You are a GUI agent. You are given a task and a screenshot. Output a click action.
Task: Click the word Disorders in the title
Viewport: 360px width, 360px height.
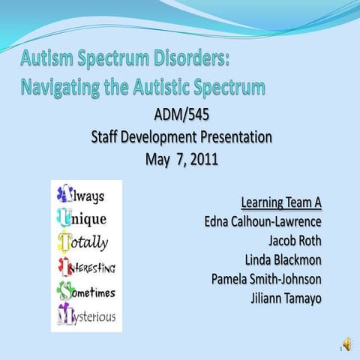191,58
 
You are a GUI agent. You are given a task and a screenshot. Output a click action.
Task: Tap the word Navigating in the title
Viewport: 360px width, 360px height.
61,88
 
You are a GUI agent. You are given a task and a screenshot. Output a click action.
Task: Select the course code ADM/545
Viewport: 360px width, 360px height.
181,115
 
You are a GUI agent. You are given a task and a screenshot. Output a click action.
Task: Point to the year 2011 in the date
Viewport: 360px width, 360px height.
204,159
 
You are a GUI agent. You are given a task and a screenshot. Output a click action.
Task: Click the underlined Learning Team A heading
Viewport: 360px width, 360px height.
281,202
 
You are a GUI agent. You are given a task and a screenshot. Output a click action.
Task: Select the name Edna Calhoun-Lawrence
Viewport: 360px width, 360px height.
263,221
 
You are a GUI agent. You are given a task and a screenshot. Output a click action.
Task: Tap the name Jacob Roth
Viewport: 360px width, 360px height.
295,241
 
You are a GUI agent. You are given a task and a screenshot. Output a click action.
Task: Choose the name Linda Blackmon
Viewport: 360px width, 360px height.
283,259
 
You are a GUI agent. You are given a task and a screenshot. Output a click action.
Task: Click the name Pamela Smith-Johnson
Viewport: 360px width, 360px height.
266,279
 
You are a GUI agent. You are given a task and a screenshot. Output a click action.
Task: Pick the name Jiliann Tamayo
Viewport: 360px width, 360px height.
286,298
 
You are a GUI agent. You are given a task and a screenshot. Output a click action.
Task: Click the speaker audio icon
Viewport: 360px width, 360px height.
347,344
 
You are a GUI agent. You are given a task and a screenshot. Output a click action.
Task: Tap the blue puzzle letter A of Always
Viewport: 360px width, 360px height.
65,193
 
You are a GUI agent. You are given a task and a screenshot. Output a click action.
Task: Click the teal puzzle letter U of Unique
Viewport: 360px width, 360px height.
64,217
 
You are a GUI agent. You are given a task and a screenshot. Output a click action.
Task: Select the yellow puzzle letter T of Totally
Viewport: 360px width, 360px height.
64,241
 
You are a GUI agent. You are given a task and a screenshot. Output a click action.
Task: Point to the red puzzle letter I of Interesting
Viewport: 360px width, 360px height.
65,266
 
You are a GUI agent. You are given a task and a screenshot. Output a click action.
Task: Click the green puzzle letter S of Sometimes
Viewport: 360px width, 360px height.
66,290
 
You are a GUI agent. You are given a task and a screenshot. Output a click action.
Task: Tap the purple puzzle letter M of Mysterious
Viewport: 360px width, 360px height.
66,314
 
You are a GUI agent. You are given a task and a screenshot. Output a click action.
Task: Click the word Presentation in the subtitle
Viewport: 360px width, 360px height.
236,137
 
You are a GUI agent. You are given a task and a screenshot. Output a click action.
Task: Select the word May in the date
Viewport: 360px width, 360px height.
157,160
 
